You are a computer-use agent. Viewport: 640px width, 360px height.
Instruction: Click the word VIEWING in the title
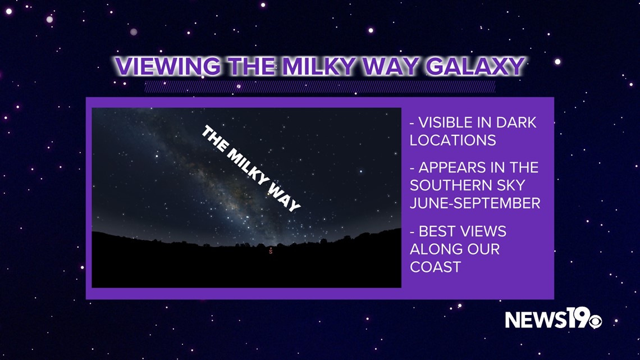(x=167, y=66)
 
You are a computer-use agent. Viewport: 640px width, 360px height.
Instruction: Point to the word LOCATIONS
(x=452, y=140)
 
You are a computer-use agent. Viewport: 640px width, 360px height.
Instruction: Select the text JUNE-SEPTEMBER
(x=475, y=203)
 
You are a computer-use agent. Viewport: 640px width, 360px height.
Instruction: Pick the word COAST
(x=436, y=267)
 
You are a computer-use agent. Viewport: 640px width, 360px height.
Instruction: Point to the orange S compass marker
(x=270, y=252)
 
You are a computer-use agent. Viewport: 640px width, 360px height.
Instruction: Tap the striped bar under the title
(x=319, y=86)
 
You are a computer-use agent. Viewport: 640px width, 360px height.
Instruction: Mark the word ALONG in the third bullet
(x=435, y=249)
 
